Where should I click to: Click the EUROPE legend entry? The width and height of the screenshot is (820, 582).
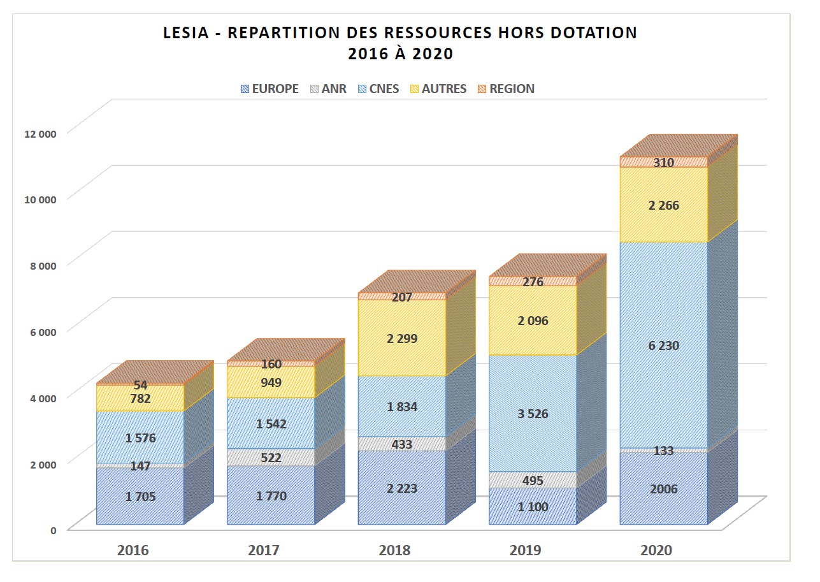click(x=270, y=89)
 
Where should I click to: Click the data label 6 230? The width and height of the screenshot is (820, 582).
click(x=663, y=346)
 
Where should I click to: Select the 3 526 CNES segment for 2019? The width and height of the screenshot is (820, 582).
click(x=533, y=414)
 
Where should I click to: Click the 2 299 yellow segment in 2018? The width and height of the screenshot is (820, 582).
click(x=401, y=338)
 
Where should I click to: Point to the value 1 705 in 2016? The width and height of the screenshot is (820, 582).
click(x=140, y=496)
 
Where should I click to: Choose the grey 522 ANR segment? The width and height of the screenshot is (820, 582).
click(x=271, y=458)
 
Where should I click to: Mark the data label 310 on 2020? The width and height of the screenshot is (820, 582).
click(x=663, y=163)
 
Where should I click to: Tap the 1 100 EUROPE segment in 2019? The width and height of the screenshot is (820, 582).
click(x=533, y=507)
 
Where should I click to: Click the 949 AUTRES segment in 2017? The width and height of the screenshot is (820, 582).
click(x=271, y=382)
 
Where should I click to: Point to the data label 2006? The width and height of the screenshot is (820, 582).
click(x=663, y=490)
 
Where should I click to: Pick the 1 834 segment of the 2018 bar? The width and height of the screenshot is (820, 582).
click(x=401, y=407)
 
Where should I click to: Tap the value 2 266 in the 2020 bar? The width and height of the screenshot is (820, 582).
click(x=663, y=205)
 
